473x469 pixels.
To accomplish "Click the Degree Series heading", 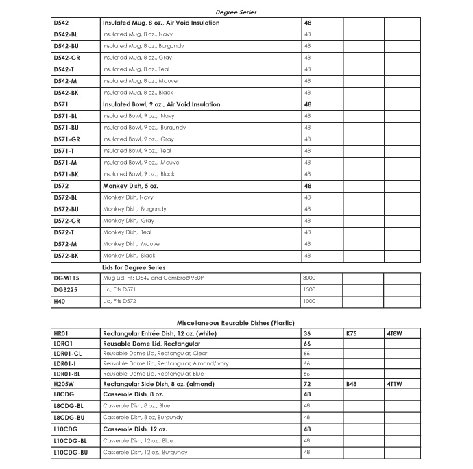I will [236, 12].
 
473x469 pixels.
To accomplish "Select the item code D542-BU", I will [66, 46].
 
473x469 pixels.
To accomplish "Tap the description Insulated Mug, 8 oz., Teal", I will [136, 69].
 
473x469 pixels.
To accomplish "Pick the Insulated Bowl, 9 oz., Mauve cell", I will [141, 163].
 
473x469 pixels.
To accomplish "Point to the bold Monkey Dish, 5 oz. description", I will [130, 186].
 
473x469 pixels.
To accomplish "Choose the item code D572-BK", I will [66, 256].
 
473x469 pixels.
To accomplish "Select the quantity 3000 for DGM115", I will [310, 278].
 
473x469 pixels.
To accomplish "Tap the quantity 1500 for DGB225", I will [310, 290].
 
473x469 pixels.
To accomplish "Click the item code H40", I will [60, 302].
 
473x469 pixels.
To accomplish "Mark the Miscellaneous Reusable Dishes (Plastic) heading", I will [236, 322].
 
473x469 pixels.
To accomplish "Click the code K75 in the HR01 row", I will [352, 333].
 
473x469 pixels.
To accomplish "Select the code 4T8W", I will [394, 333].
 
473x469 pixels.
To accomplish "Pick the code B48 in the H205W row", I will [352, 384].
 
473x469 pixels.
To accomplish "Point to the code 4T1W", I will [394, 384].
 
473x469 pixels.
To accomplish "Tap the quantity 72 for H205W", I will [307, 384].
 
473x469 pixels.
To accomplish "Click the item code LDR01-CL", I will [67, 353].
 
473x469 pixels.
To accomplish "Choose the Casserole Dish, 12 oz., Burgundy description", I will [145, 453].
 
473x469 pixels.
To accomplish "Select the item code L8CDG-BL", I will [69, 405].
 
